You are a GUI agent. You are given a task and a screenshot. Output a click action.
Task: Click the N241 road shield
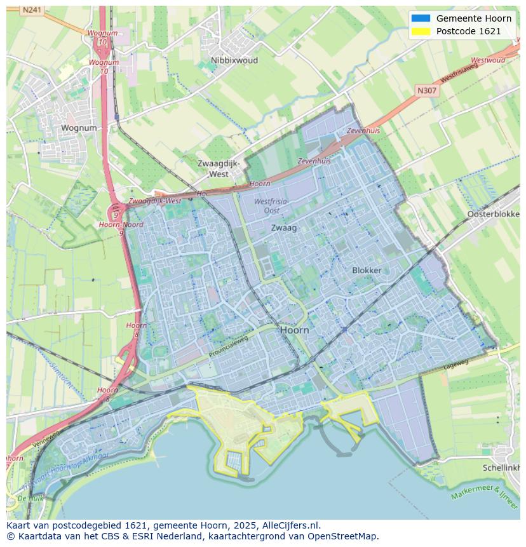[30, 10]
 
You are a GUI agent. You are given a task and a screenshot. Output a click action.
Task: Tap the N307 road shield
[427, 91]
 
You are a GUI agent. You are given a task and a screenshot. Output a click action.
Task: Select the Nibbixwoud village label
[234, 61]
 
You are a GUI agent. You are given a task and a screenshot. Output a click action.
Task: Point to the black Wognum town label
[79, 128]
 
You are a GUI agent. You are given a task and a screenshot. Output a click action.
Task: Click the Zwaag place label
[283, 227]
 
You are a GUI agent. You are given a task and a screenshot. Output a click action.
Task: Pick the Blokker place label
[367, 270]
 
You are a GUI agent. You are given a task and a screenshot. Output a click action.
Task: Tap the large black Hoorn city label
[294, 330]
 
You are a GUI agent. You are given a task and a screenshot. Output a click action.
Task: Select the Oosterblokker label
[493, 214]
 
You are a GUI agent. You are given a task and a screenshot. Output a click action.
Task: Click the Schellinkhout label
[503, 467]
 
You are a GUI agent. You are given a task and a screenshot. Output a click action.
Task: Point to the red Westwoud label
[488, 60]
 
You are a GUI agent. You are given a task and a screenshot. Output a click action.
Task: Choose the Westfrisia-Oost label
[271, 206]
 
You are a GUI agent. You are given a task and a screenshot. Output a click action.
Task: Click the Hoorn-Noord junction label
[121, 225]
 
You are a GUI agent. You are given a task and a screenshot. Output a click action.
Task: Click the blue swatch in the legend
[420, 18]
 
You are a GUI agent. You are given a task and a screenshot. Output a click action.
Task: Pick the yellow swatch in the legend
[420, 31]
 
